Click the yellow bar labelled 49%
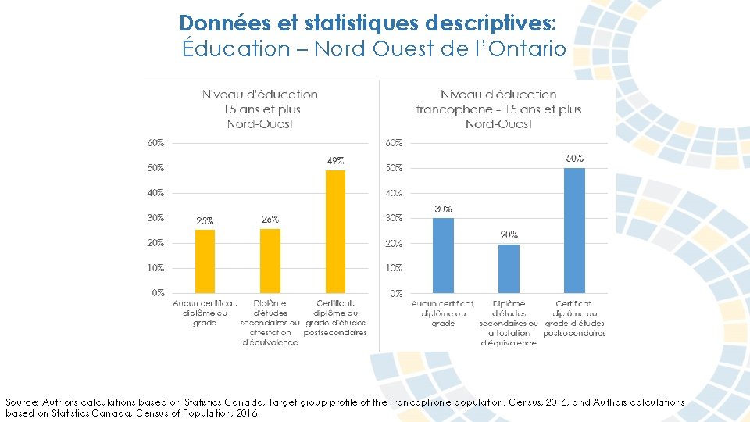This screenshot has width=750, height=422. pyautogui.click(x=335, y=231)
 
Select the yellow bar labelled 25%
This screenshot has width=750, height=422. pyautogui.click(x=205, y=261)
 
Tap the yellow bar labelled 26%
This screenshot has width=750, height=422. pyautogui.click(x=270, y=260)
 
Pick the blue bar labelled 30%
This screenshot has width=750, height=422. pyautogui.click(x=443, y=255)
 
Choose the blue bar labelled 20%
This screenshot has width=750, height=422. pyautogui.click(x=509, y=268)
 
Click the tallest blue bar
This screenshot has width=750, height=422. pyautogui.click(x=574, y=230)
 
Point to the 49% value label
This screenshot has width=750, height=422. pyautogui.click(x=335, y=160)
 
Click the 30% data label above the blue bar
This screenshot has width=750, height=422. pyautogui.click(x=443, y=209)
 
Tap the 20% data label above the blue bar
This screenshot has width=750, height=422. pyautogui.click(x=509, y=234)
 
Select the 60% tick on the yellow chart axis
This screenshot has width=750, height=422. pyautogui.click(x=155, y=142)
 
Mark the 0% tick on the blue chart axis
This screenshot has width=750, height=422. pyautogui.click(x=396, y=293)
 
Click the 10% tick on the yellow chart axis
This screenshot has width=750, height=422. pyautogui.click(x=155, y=267)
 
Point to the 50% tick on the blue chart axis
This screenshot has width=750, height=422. pyautogui.click(x=394, y=168)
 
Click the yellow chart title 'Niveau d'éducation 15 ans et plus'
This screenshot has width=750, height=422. pyautogui.click(x=260, y=102)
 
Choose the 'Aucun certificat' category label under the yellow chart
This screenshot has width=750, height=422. pyautogui.click(x=205, y=302)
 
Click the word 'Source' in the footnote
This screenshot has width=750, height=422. pyautogui.click(x=22, y=402)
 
